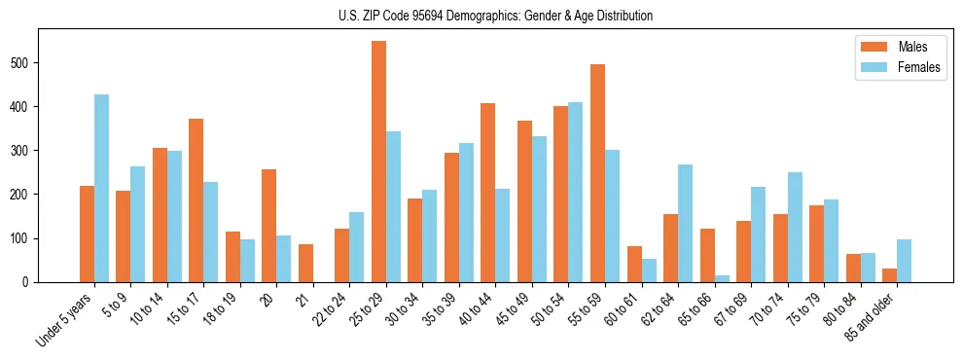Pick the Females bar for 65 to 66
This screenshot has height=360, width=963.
pyautogui.click(x=722, y=278)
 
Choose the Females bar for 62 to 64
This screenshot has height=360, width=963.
pyautogui.click(x=685, y=223)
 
